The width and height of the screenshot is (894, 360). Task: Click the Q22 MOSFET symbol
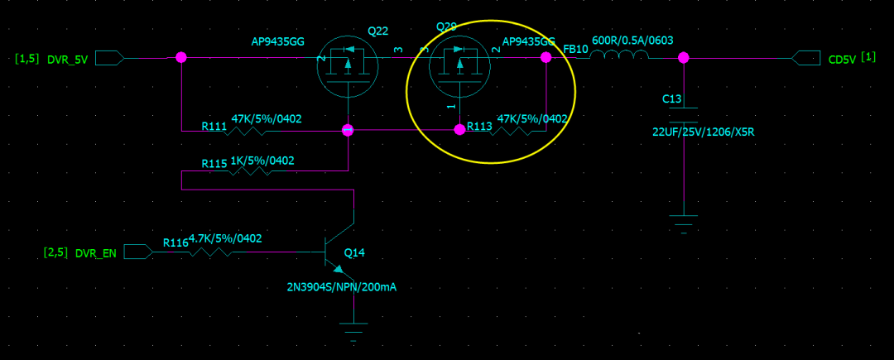pos(348,65)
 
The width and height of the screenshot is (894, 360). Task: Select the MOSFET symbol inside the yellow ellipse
pos(459,65)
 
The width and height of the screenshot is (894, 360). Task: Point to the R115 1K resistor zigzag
pos(250,172)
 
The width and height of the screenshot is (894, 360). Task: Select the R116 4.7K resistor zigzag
pos(211,252)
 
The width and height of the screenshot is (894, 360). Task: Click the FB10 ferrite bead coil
pos(619,56)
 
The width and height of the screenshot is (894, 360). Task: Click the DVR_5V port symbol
pos(110,58)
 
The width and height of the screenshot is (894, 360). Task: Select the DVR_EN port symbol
pos(138,252)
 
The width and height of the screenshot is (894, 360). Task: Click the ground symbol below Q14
pos(353,332)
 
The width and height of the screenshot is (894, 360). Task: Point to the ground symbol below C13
pos(684,222)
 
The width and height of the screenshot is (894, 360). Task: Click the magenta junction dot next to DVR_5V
pos(181,57)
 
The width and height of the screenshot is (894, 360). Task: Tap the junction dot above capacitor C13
pos(684,57)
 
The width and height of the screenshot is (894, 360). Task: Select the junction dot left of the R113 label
pos(459,130)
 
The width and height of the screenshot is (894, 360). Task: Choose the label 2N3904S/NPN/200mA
pos(342,287)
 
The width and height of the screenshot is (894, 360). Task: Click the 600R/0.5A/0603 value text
pos(632,40)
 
